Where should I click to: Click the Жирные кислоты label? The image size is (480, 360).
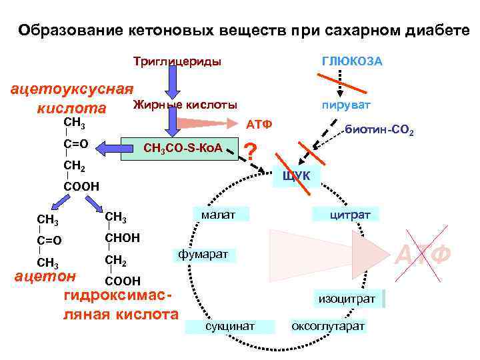[x=185, y=105]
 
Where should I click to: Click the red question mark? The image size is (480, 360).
[x=251, y=151]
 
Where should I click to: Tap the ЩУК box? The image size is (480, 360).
[x=297, y=175]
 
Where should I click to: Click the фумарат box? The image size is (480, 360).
[x=204, y=255]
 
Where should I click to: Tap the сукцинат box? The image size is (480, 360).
[x=231, y=326]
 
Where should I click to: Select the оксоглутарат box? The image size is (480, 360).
[x=328, y=326]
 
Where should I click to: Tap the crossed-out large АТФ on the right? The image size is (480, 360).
[x=423, y=254]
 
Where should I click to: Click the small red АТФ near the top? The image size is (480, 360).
[x=259, y=124]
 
